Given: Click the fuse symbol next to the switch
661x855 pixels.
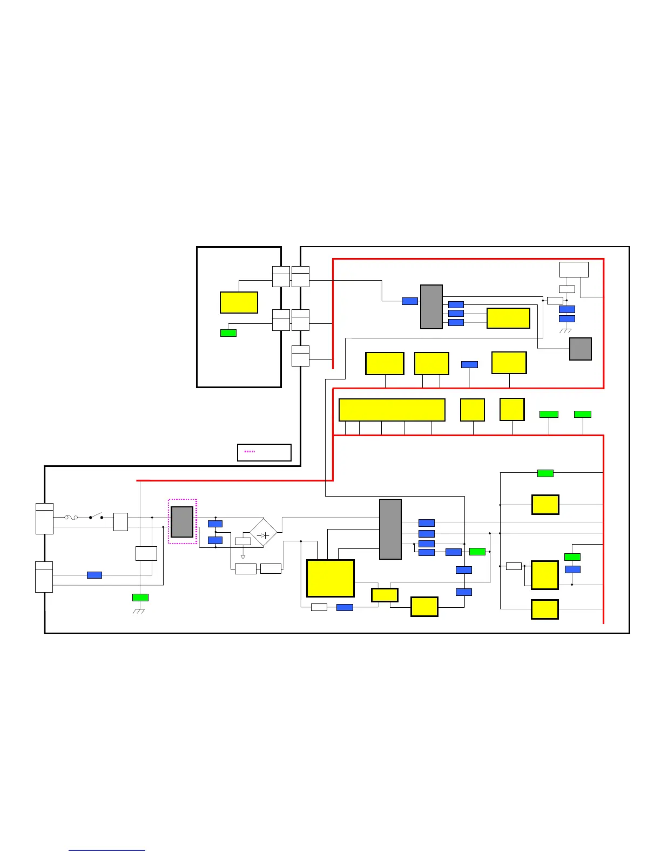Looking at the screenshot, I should pos(71,517).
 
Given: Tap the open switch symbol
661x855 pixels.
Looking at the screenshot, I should pos(96,517).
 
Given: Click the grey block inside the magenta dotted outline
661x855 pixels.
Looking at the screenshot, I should pos(182,522).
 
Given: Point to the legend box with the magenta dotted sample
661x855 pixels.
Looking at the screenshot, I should pos(264,452).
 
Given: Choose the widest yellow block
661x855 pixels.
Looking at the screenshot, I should pos(392,410).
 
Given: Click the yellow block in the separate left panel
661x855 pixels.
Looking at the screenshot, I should pos(239,302).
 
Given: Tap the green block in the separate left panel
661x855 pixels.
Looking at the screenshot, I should pos(228,333).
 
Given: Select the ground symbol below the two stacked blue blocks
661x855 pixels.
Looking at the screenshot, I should pos(566,330).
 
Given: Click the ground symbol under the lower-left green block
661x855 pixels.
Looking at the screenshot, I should pos(140,611).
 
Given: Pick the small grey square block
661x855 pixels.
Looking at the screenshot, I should pos(581,349).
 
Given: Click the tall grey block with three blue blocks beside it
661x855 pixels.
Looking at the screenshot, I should pos(431,307).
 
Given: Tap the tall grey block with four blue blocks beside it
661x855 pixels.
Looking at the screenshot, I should pos(390,529).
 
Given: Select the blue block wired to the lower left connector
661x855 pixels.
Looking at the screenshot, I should pos(95,575).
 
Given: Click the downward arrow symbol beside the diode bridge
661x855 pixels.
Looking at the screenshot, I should pos(243,557).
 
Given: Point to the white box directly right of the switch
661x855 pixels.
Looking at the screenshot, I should pos(120,522).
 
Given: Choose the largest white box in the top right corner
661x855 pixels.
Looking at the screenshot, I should pos(574,269).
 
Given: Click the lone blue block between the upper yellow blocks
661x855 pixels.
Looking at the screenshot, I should pos(469,365).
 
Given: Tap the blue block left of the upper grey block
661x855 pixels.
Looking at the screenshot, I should pos(410,301).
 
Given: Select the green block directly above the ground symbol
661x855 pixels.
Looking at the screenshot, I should pos(140,598).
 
